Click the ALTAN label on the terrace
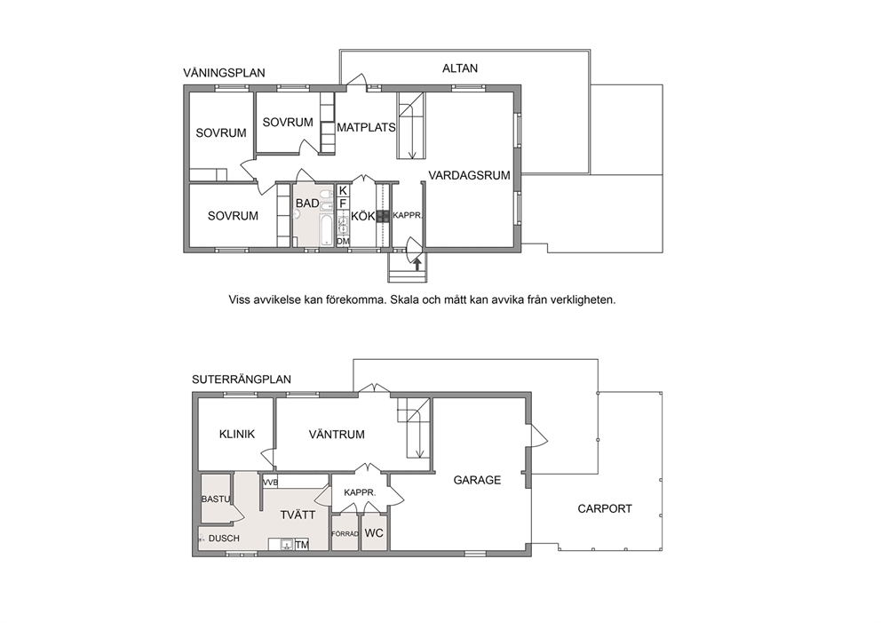460,68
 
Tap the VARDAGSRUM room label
469,175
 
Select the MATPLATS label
366,128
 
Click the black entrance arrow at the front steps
417,263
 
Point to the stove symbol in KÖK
383,216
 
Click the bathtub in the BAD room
326,229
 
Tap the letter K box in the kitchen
343,191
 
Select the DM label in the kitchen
343,241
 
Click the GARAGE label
477,480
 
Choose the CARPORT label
605,509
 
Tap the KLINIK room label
236,434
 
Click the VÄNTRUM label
337,434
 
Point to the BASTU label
216,499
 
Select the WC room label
374,532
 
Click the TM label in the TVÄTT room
302,545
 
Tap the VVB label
270,483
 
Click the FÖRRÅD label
345,533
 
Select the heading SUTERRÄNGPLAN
242,379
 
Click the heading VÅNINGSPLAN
224,73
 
